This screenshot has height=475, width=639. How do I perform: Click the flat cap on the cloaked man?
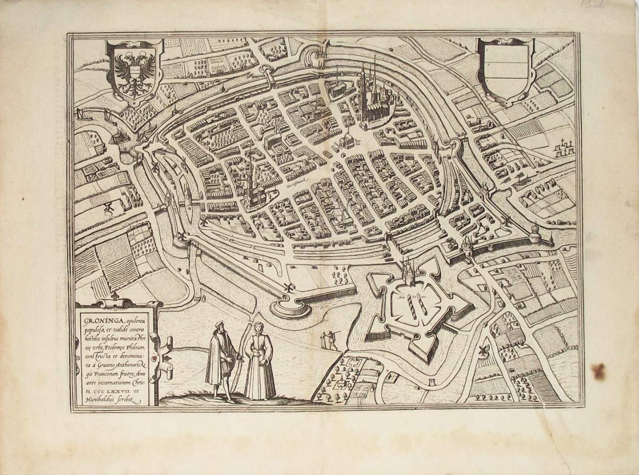pos(219,323)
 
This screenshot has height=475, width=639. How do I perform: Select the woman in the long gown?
pos(259,361)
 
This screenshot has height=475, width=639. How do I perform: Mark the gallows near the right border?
pos(563,149)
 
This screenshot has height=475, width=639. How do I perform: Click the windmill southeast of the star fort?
pos(482,351)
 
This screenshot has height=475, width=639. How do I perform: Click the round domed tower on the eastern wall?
pos(535,235)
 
